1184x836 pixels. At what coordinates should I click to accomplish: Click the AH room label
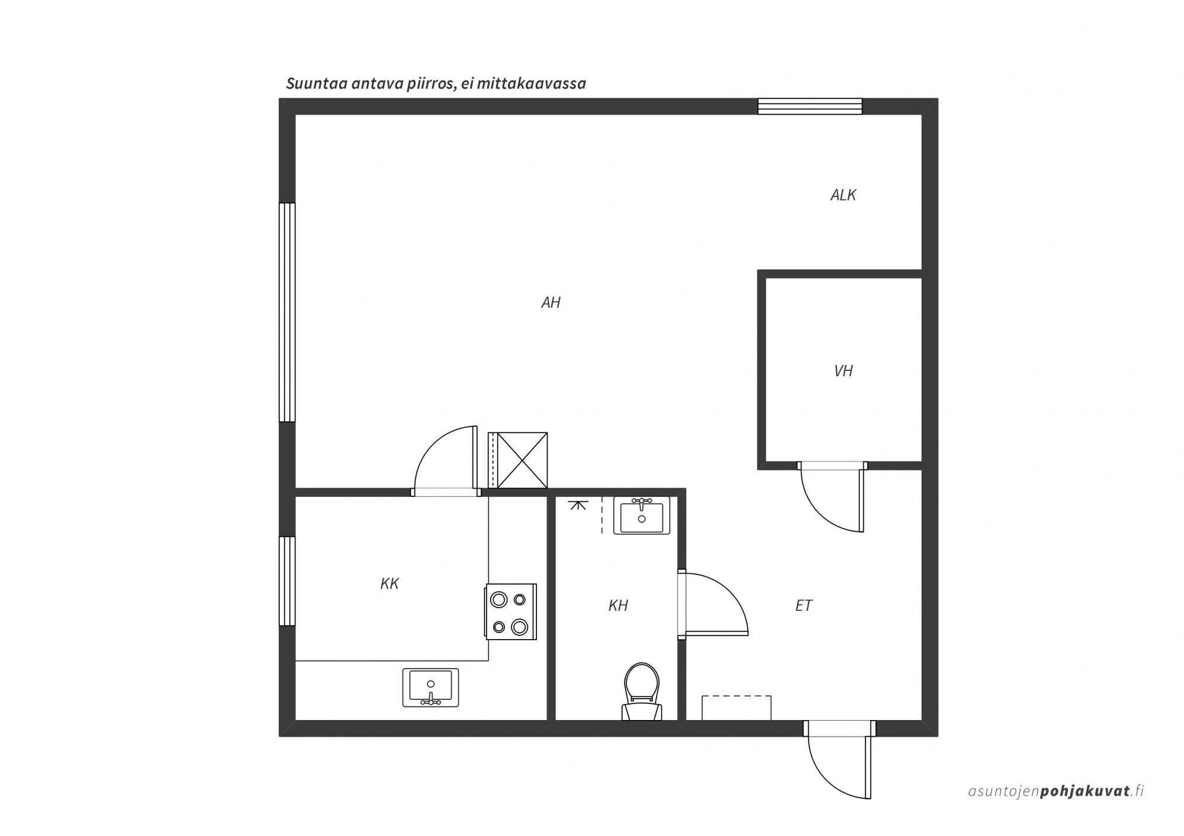(551, 303)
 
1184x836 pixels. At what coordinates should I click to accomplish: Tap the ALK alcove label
(843, 195)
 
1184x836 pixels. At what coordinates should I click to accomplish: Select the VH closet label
(843, 371)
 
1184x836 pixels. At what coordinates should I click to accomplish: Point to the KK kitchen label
(390, 584)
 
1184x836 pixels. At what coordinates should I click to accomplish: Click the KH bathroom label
(618, 605)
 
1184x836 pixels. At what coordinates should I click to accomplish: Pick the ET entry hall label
(804, 605)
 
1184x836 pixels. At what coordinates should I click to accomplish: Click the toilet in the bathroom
(642, 691)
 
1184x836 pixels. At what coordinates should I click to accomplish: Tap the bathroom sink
(642, 515)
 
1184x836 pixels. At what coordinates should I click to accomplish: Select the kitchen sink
(430, 687)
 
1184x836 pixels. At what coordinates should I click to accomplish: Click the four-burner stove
(511, 612)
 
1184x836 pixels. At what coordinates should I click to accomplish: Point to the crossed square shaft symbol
(522, 460)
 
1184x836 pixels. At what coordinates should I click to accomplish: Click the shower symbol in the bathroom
(578, 505)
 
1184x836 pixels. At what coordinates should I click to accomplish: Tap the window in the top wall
(810, 106)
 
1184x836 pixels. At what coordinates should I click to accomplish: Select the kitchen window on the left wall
(287, 581)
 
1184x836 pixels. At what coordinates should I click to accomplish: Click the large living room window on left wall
(287, 312)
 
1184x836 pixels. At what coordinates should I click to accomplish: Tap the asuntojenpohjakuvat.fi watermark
(1056, 791)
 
